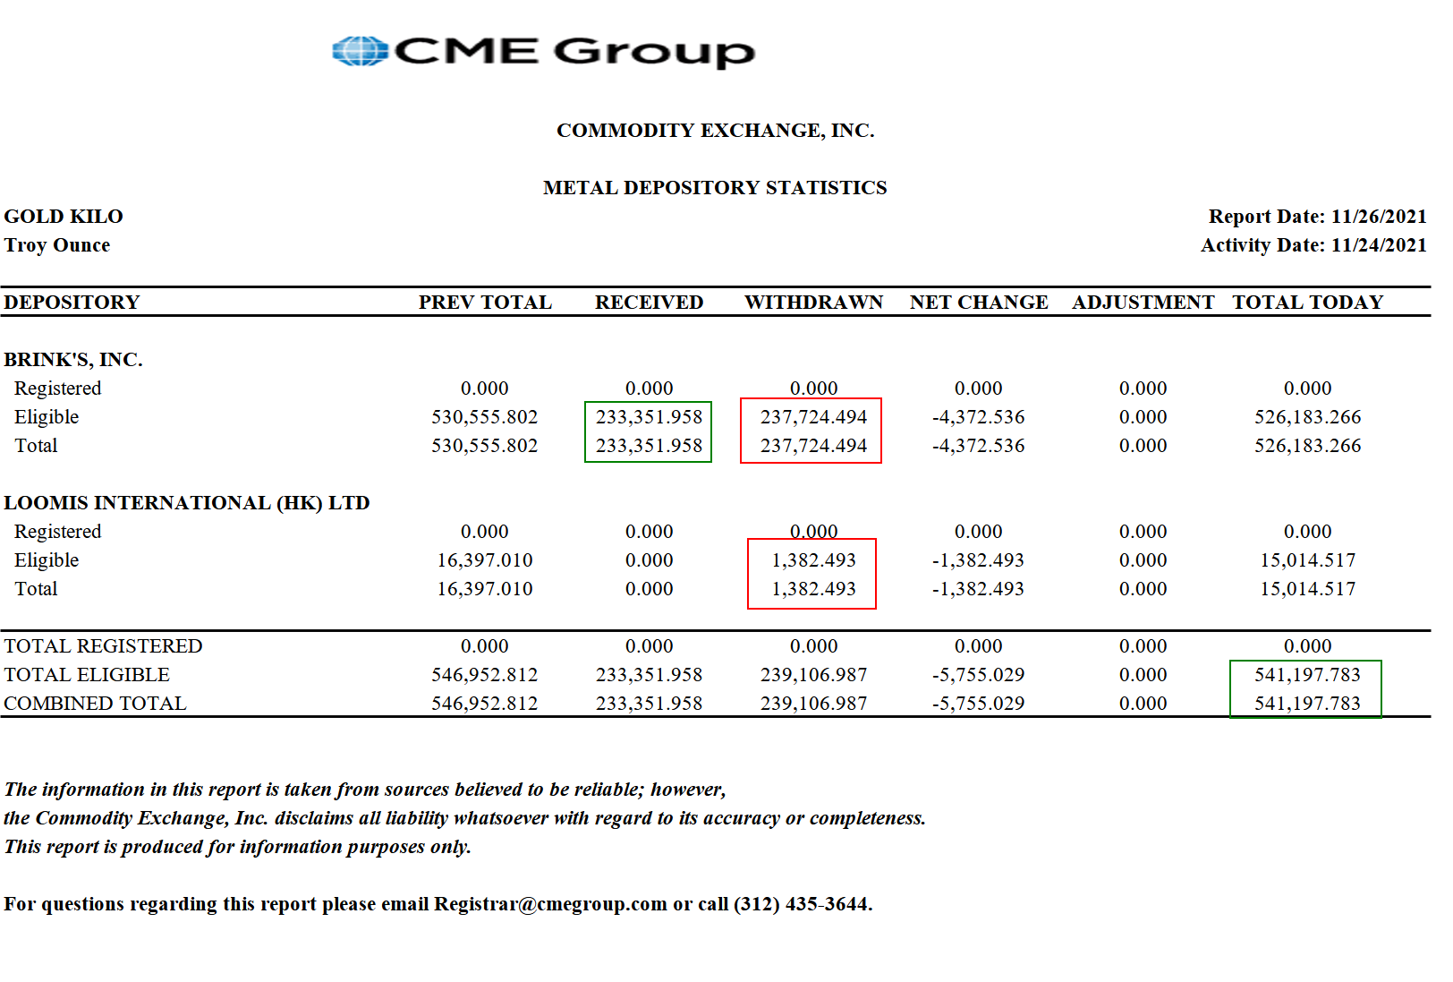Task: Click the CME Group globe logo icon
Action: pos(360,51)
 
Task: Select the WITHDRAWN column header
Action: pos(813,303)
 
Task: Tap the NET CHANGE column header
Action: pos(979,303)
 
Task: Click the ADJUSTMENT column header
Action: pos(1143,303)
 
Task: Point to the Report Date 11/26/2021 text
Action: pos(1317,217)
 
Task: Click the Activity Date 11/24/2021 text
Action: pos(1313,245)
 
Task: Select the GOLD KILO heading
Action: pos(64,217)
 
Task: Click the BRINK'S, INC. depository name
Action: pos(73,360)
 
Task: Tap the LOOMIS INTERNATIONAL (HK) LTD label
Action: pos(187,503)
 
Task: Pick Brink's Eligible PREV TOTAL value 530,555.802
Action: pos(484,417)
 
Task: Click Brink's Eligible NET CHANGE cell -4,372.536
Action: pos(978,417)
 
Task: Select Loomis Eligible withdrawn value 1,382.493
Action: pos(813,560)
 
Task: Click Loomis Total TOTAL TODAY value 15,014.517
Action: pos(1307,589)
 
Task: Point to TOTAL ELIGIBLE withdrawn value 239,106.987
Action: pos(813,675)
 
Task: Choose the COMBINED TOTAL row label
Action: pos(95,704)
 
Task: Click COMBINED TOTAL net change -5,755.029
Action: pos(978,704)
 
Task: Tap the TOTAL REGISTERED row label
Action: pos(103,646)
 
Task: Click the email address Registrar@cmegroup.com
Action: pos(550,904)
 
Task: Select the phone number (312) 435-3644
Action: pos(802,904)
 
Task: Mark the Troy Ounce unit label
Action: pos(57,245)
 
